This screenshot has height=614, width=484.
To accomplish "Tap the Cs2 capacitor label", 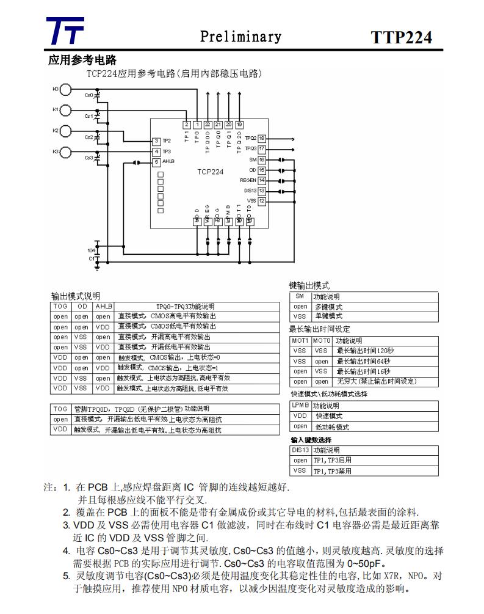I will tap(88, 137).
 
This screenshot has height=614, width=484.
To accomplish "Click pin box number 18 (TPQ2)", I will tap(262, 139).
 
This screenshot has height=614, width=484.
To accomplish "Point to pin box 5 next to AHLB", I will tap(156, 162).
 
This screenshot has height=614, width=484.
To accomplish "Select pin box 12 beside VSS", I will tap(262, 200).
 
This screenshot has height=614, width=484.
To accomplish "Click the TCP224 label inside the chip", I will tap(210, 172).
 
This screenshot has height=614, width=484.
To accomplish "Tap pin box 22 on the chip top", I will tap(208, 125).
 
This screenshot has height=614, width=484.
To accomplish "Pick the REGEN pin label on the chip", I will tap(248, 180).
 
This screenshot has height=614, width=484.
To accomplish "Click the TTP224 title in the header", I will tap(401, 37).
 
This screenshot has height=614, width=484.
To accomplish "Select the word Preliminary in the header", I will tap(241, 37).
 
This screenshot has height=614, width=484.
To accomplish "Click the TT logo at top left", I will tap(65, 31).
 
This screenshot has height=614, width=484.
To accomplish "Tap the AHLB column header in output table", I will tap(103, 306).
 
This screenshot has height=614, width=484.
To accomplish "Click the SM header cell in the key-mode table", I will tap(300, 296).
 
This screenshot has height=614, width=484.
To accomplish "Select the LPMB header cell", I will tap(300, 406).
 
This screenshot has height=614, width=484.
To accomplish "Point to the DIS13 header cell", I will tap(300, 450).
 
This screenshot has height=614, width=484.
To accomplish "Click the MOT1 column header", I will tap(300, 340).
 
